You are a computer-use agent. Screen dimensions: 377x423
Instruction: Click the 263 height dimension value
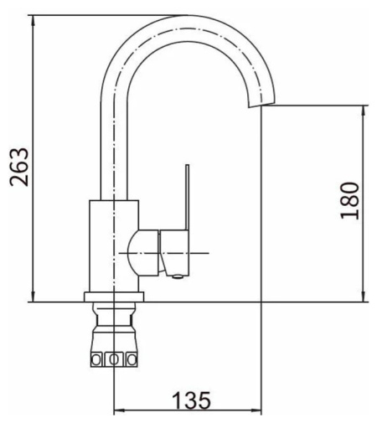tap(19, 167)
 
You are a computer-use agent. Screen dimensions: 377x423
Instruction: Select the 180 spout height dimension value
tap(349, 201)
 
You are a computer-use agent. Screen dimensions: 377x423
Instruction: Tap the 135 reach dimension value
tap(191, 400)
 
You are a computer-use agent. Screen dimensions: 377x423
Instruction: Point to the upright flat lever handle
tap(187, 197)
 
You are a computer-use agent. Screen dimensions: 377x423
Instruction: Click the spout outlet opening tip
tap(262, 105)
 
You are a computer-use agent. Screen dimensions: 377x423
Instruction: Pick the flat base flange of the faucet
tap(114, 297)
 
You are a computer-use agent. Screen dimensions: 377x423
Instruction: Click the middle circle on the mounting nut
tap(114, 359)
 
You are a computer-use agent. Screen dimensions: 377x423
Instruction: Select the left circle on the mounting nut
tap(96, 359)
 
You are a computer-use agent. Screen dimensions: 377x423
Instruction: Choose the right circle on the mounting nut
tap(132, 359)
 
